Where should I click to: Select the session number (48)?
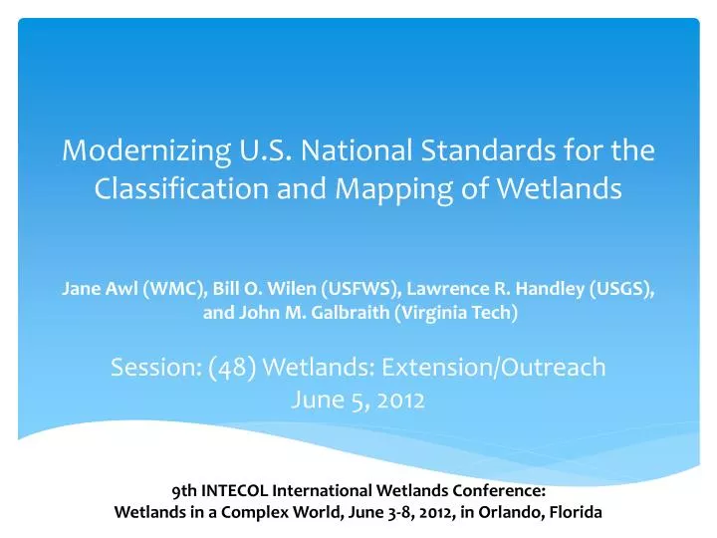[232, 368]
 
